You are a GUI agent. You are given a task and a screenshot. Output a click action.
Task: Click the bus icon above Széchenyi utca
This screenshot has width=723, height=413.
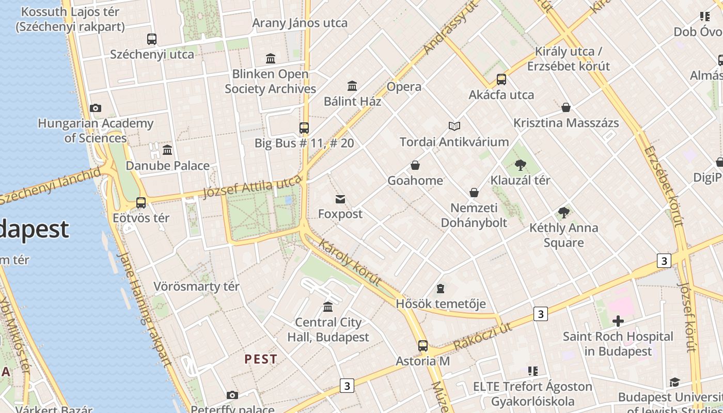point(152,39)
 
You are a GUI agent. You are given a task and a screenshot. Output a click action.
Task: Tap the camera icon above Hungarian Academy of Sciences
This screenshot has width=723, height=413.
point(96,108)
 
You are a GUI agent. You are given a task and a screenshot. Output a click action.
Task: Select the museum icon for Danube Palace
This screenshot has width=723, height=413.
point(167,150)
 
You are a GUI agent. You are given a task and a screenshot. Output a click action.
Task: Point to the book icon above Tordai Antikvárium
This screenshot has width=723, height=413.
point(454,126)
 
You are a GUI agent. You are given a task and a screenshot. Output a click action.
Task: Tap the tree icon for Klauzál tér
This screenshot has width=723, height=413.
point(520,165)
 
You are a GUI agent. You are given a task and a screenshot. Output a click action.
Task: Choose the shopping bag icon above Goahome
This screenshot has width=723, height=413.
point(415,165)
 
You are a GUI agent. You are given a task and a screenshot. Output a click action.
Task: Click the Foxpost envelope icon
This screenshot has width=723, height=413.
point(340,199)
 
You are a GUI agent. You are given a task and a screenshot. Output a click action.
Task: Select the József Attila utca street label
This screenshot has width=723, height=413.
point(252,187)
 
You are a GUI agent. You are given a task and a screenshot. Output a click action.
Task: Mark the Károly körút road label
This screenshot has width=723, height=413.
point(350,262)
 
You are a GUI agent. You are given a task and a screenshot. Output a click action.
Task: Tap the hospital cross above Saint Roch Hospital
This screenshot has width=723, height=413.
point(618,321)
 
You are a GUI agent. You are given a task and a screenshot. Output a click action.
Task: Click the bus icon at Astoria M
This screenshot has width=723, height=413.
point(423,346)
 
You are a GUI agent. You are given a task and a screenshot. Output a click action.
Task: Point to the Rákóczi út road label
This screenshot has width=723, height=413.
point(483,336)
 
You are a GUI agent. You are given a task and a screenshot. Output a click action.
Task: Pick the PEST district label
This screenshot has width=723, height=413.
point(261,359)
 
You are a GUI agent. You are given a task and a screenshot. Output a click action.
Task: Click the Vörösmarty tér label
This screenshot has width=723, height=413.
point(196,287)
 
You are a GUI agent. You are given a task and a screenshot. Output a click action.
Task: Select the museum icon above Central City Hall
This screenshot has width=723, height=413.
point(328,307)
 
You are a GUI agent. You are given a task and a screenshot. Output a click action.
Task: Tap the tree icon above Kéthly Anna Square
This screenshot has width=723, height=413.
point(564,213)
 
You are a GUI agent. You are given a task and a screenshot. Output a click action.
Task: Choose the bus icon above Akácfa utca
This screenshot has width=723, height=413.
point(501,80)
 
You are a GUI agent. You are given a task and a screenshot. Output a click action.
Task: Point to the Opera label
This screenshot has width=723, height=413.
point(404,87)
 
